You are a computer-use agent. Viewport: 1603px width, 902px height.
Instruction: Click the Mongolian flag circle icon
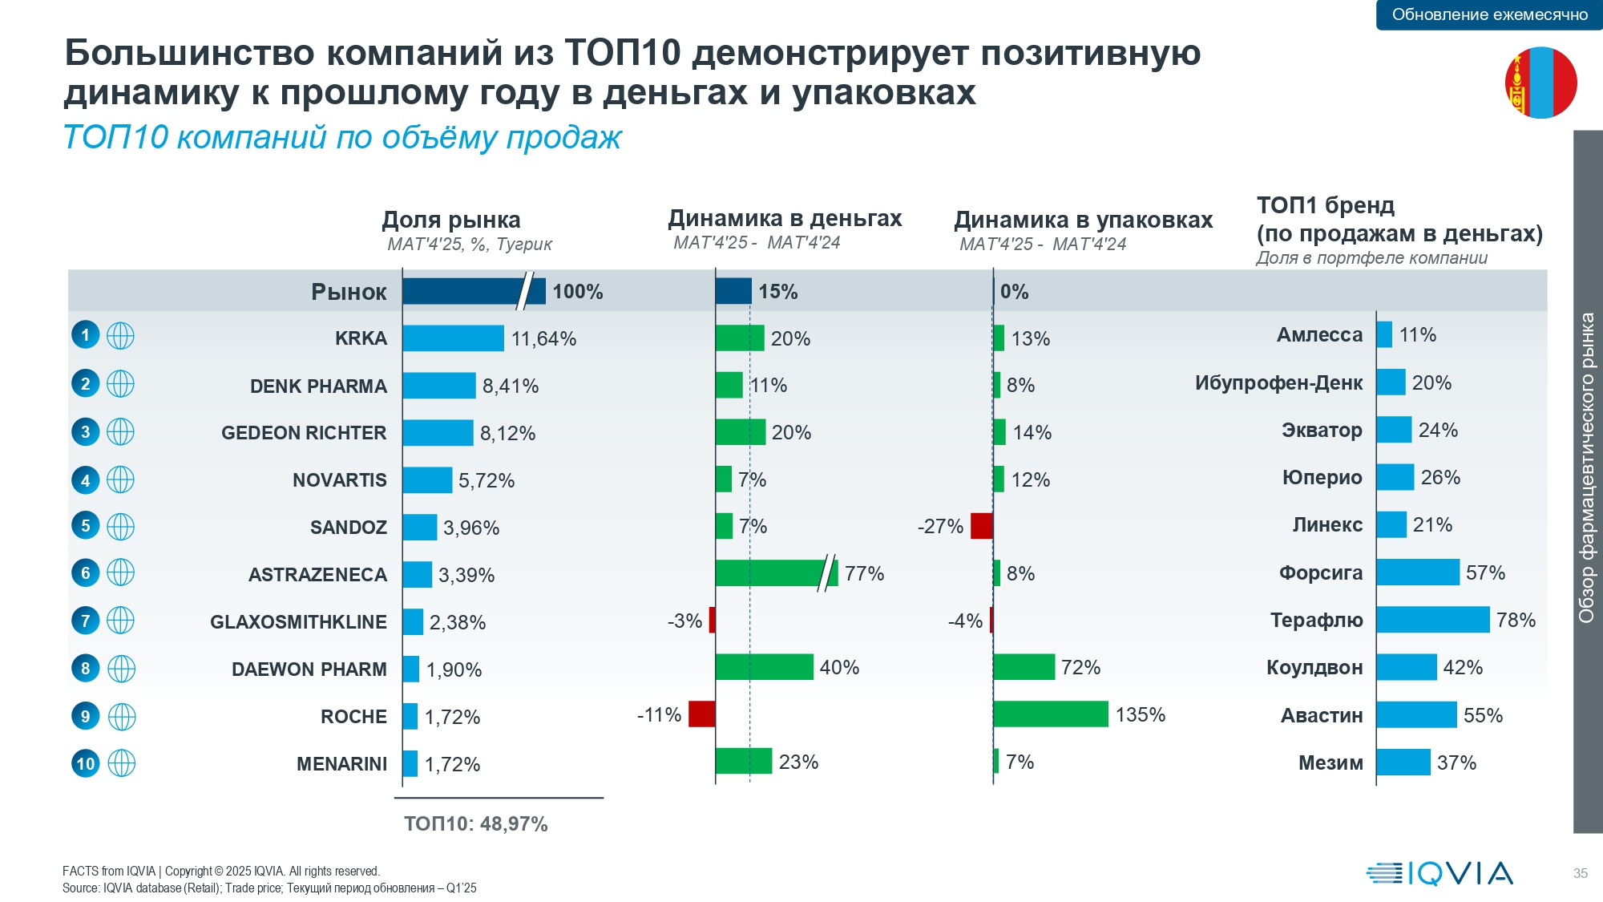(x=1540, y=83)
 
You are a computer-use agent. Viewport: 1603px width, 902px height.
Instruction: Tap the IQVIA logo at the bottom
(x=1439, y=873)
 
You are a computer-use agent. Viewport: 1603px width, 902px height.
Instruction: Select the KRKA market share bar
(x=453, y=338)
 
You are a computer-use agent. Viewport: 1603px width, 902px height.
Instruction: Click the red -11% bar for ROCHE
(x=701, y=714)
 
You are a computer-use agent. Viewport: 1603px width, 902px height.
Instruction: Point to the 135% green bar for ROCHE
(x=1050, y=714)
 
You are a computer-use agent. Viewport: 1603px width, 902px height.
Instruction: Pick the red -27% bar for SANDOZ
(x=981, y=526)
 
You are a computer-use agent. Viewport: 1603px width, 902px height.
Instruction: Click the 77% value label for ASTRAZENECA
(x=864, y=573)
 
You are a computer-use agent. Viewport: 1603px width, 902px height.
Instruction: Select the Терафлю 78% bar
(x=1433, y=620)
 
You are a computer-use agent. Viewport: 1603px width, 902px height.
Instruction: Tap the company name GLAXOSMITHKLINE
(x=298, y=622)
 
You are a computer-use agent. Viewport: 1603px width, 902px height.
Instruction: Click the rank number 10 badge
(x=86, y=763)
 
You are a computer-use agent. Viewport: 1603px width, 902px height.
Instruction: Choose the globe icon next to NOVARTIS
(x=120, y=480)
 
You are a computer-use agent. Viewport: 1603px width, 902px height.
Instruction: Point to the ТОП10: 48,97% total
(x=475, y=824)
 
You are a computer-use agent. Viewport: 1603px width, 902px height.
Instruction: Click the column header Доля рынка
(x=451, y=220)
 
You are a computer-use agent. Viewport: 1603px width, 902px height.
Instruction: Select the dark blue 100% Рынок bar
(x=473, y=291)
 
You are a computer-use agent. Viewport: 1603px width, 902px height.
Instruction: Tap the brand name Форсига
(x=1320, y=573)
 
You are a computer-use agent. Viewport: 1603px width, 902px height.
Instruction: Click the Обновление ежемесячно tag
(x=1489, y=14)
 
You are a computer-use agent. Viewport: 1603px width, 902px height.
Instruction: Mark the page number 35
(x=1580, y=873)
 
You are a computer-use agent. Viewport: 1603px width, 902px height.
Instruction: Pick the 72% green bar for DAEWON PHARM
(x=1024, y=667)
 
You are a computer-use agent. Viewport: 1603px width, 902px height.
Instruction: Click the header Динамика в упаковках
(x=1083, y=220)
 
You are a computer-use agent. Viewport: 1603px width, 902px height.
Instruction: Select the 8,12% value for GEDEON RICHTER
(x=507, y=434)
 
